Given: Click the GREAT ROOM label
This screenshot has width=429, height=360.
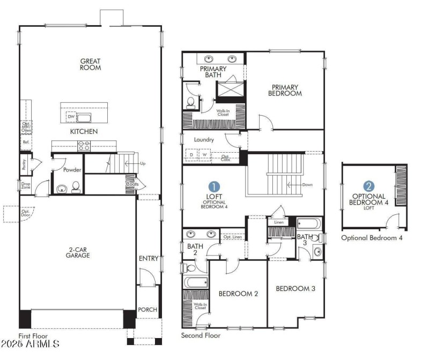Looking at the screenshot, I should (x=91, y=64).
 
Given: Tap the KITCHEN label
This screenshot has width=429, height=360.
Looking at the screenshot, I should (x=84, y=131).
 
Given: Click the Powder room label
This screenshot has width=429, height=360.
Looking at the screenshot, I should (x=72, y=170).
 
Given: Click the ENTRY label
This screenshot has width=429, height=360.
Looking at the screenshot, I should (x=149, y=259).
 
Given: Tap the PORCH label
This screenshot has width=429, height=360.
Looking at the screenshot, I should (x=147, y=310).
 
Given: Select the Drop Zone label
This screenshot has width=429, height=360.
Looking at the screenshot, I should (x=26, y=186).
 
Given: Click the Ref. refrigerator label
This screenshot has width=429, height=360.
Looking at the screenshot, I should (x=26, y=142).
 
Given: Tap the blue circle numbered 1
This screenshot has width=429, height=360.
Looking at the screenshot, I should (x=214, y=186).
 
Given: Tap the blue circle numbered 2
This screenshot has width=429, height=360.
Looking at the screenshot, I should (x=369, y=186).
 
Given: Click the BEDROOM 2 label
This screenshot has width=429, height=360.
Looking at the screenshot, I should (x=239, y=294).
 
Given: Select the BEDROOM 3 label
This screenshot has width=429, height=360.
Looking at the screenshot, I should (x=295, y=289).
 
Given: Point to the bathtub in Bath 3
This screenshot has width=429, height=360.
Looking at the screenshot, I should (x=308, y=224).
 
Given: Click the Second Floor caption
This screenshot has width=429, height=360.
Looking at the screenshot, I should (x=201, y=336).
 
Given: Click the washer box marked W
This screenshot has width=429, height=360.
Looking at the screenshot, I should (x=204, y=155).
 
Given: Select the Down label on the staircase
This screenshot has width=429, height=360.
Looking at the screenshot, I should (x=307, y=185).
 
